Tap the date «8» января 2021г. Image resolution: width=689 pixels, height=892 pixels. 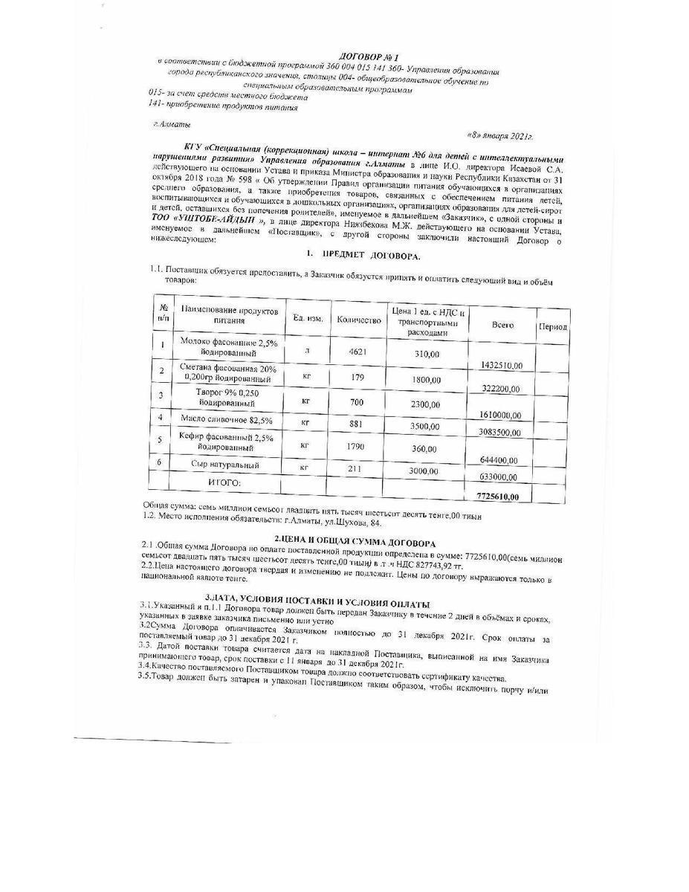point(499,136)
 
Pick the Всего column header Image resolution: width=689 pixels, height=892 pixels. point(502,325)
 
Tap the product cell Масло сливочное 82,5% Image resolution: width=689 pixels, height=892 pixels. point(226,420)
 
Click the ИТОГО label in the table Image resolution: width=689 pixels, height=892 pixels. point(224,482)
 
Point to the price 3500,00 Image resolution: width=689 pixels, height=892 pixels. point(427,426)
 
